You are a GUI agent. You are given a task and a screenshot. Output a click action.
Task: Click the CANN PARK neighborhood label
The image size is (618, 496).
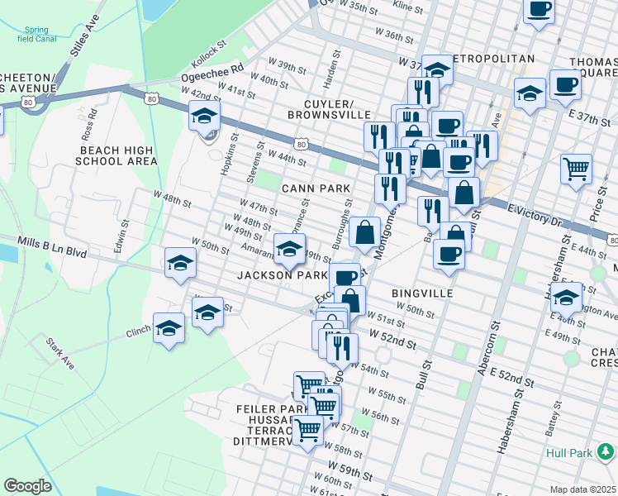[x=316, y=188]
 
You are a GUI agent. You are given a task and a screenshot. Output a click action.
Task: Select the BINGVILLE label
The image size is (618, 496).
[x=419, y=293]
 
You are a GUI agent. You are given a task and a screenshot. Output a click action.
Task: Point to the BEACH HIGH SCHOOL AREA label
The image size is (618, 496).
[x=116, y=155]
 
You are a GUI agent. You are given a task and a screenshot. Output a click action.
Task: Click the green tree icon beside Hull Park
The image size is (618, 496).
[x=606, y=451]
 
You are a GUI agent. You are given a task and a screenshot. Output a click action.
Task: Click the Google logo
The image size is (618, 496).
[x=27, y=486]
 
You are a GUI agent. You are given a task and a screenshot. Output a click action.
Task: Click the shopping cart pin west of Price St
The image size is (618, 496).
[x=576, y=169]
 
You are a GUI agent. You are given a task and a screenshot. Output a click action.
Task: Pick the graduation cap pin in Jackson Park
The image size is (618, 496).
[x=288, y=246]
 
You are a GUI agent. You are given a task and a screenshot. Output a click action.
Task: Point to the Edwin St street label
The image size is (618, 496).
[x=122, y=236]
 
